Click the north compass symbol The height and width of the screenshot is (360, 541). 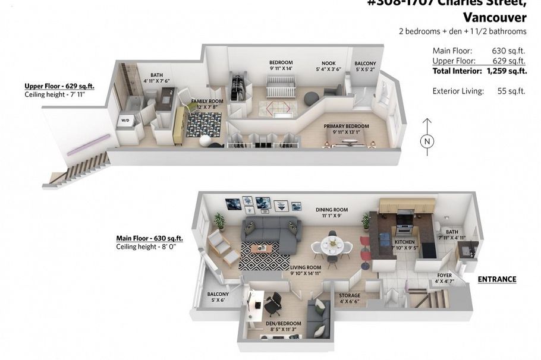(427, 141)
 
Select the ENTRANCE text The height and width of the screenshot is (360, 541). (497, 279)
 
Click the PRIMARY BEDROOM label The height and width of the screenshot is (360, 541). (346, 127)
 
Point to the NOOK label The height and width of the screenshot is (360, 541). (328, 63)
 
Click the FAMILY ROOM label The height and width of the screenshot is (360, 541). (207, 102)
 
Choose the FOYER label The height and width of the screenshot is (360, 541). (444, 276)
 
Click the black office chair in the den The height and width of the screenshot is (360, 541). (273, 304)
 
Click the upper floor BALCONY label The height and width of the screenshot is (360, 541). (365, 64)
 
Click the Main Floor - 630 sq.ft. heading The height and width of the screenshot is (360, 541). (149, 238)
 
